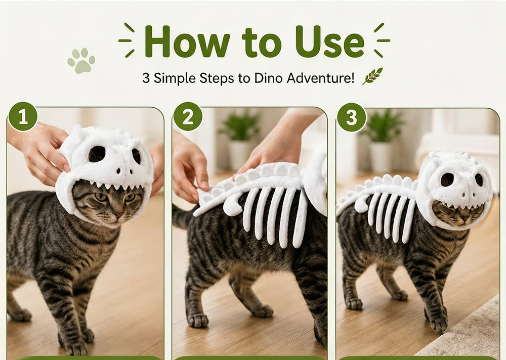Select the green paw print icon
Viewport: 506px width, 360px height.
click(x=81, y=61)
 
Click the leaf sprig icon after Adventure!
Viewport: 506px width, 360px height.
click(x=372, y=76)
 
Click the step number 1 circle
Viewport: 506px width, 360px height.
click(x=23, y=116)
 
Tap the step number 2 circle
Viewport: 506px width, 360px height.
click(x=188, y=116)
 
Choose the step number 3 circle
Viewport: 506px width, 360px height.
click(x=352, y=117)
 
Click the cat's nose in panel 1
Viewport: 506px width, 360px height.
click(x=119, y=215)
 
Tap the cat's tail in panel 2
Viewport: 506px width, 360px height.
click(x=182, y=215)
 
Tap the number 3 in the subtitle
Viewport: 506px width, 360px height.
click(x=146, y=78)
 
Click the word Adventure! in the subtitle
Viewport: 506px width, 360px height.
click(x=320, y=78)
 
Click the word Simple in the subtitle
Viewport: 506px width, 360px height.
click(x=175, y=79)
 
